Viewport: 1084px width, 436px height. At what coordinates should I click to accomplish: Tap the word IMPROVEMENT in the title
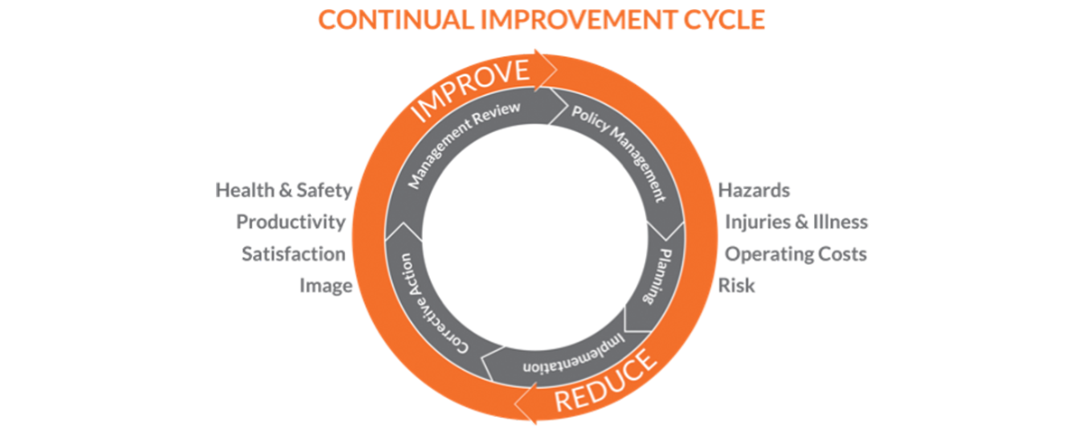(569, 19)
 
